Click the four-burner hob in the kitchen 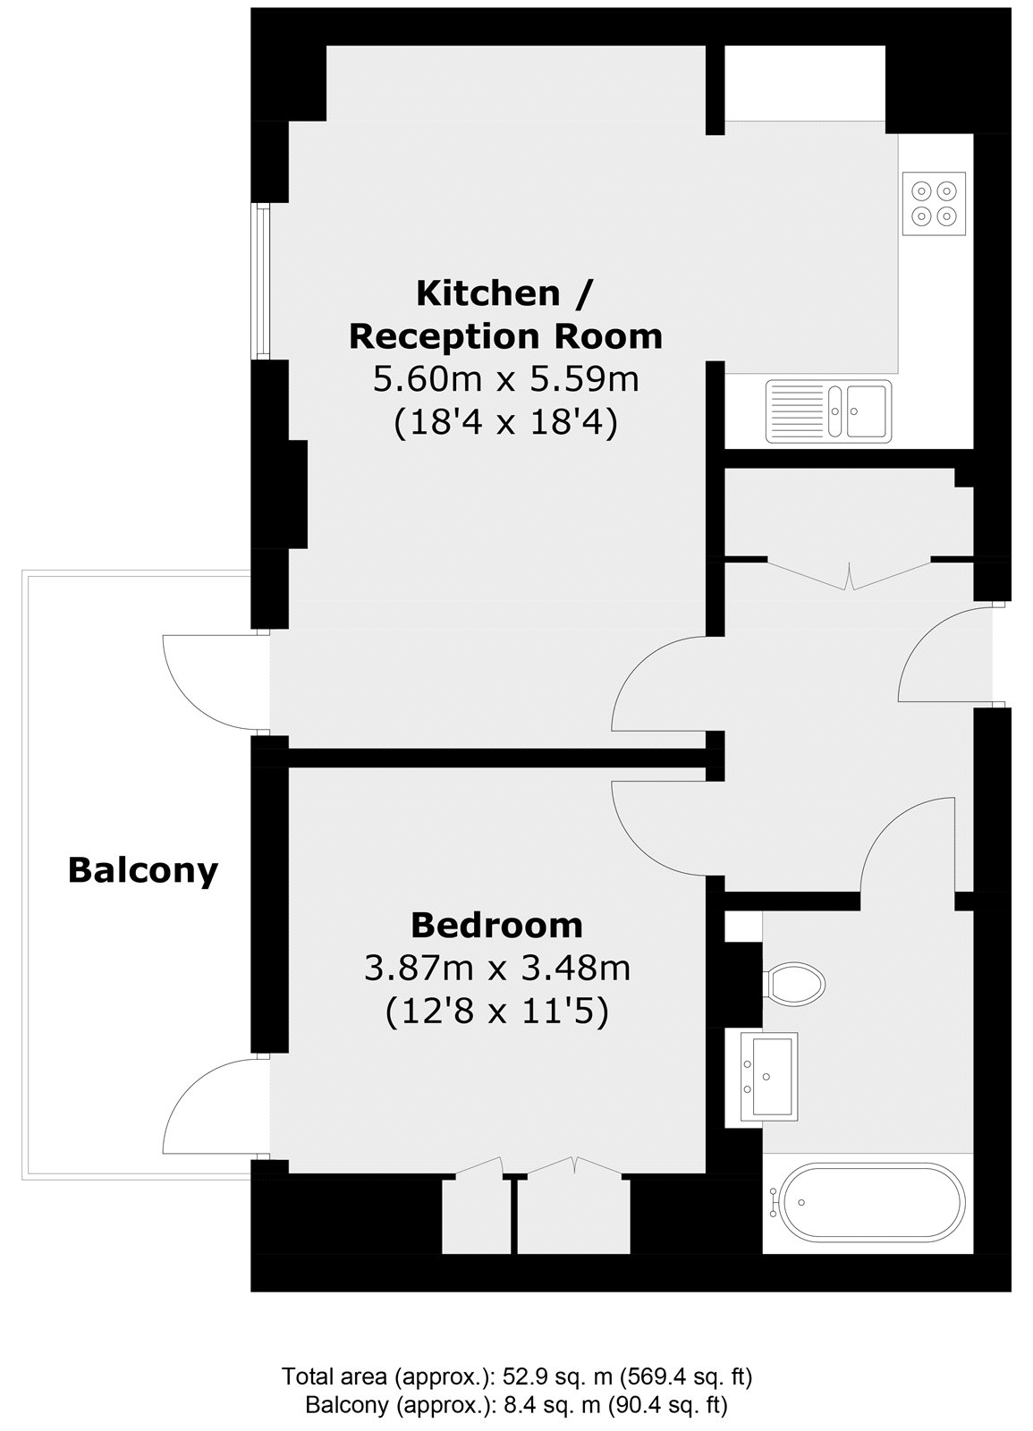pyautogui.click(x=934, y=204)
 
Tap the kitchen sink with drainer pyautogui.click(x=828, y=411)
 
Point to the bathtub pyautogui.click(x=868, y=1202)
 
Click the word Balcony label pyautogui.click(x=143, y=870)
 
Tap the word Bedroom pyautogui.click(x=496, y=926)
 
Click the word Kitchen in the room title pyautogui.click(x=488, y=294)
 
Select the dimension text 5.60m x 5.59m pyautogui.click(x=506, y=380)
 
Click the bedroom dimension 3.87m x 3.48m pyautogui.click(x=497, y=969)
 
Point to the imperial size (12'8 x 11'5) pyautogui.click(x=497, y=1012)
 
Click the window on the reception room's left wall pyautogui.click(x=260, y=281)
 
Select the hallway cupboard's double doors pyautogui.click(x=849, y=574)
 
